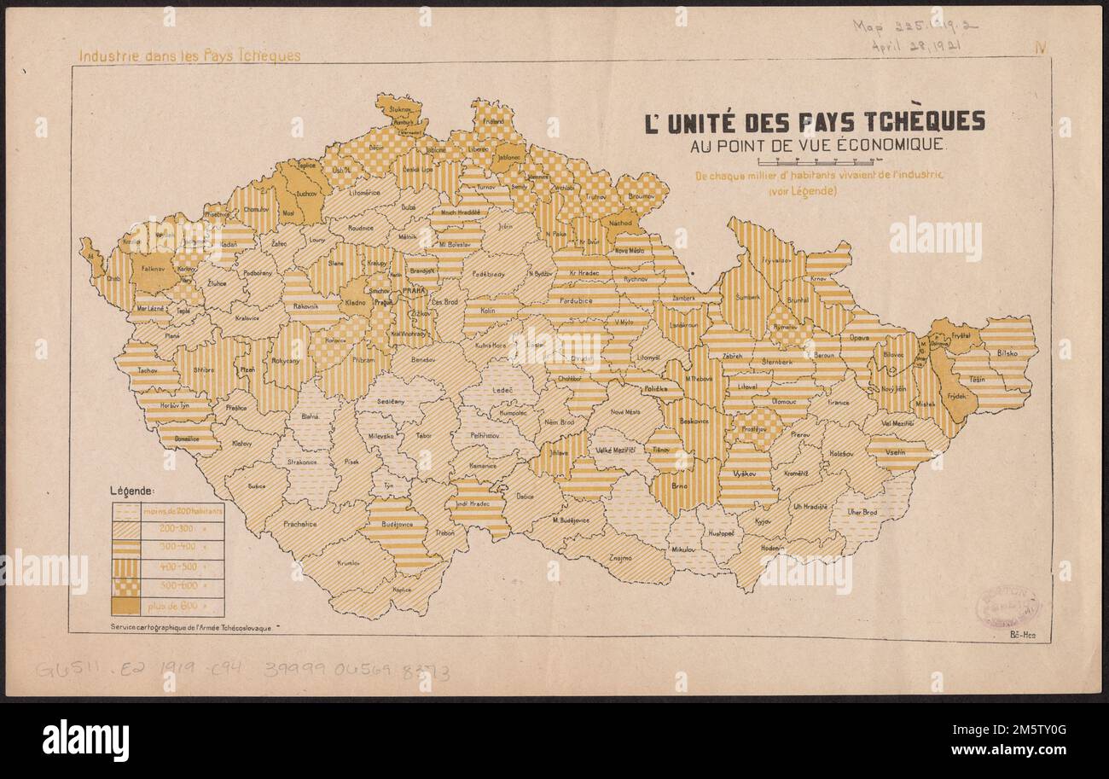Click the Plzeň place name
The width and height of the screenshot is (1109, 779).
pos(248,370)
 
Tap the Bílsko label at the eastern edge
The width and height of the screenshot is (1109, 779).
pos(1008,351)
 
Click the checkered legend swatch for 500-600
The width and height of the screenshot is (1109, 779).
pos(125,586)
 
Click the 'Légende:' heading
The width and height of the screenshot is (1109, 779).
pos(131,491)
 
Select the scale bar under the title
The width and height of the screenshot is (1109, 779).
pos(819,160)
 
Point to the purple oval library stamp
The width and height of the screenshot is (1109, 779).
pos(1007,607)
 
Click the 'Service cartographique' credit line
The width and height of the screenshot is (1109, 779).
pos(190,627)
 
